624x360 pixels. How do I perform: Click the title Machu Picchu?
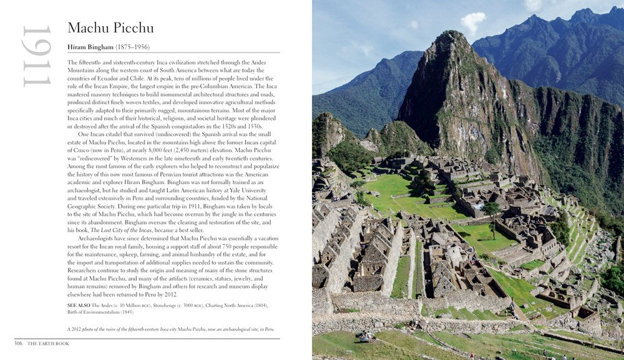tap(110, 28)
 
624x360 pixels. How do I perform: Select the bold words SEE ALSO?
tap(79, 305)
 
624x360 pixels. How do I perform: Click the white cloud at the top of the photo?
tap(472, 22)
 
